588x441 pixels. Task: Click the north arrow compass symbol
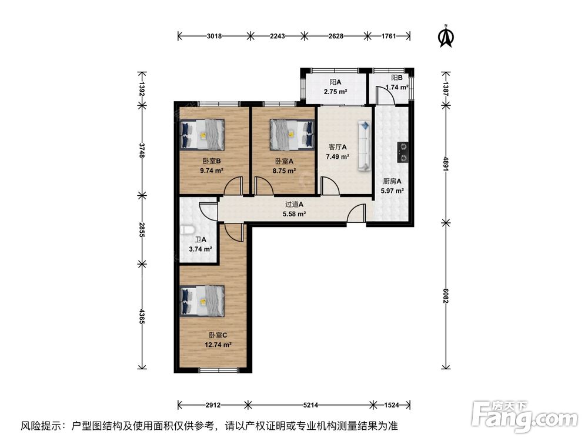coord(446,36)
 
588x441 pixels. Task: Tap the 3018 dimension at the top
coord(214,36)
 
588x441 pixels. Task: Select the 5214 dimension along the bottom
coord(310,405)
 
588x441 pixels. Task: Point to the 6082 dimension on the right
coord(446,296)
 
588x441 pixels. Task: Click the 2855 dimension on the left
coord(141,229)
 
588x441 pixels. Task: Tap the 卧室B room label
coord(212,161)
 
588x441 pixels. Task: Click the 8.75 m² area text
coord(284,171)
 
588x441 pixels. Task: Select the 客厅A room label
coord(338,147)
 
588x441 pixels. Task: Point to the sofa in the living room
coord(365,145)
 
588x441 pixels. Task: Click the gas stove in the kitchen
coord(403,153)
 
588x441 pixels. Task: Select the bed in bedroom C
coord(202,300)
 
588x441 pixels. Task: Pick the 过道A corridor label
coord(294,205)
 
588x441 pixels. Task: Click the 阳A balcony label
coord(335,82)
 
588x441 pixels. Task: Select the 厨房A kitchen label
coord(392,181)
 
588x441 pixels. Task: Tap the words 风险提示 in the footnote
coord(39,426)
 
